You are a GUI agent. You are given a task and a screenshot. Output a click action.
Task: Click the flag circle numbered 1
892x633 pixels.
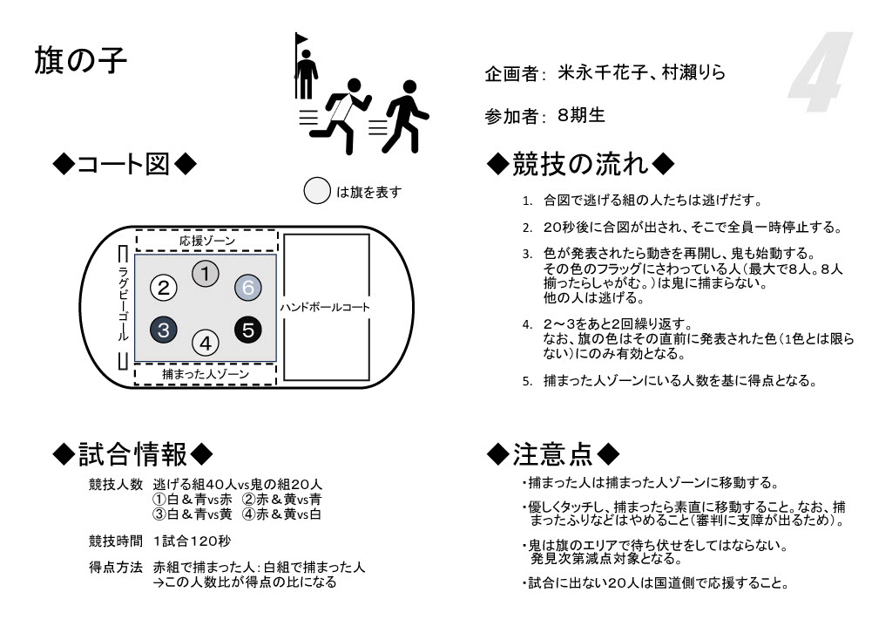205,274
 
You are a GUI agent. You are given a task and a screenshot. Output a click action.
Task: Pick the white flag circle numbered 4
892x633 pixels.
205,342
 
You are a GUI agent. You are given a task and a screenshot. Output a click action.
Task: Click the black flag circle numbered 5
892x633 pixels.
248,330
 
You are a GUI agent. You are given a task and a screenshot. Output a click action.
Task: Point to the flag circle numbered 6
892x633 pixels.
247,286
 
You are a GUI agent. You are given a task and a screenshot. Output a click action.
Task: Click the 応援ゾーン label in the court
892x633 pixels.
206,241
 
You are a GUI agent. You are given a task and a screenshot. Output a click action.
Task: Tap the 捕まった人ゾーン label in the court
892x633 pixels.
206,373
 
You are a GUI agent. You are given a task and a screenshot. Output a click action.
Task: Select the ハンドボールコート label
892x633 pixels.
325,307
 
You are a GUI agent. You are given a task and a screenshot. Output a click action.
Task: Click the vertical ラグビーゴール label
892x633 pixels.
124,305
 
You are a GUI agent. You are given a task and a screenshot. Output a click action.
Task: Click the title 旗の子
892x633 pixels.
81,60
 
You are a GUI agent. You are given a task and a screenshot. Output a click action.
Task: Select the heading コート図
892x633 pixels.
125,163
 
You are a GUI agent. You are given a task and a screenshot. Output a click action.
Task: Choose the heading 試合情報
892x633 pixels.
132,453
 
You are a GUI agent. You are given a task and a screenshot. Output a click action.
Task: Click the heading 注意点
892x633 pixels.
554,453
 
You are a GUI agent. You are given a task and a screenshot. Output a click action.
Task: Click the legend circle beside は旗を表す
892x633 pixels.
317,192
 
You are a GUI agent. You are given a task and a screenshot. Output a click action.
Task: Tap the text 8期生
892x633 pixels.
581,114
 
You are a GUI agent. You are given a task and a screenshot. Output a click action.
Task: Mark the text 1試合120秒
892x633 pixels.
192,541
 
